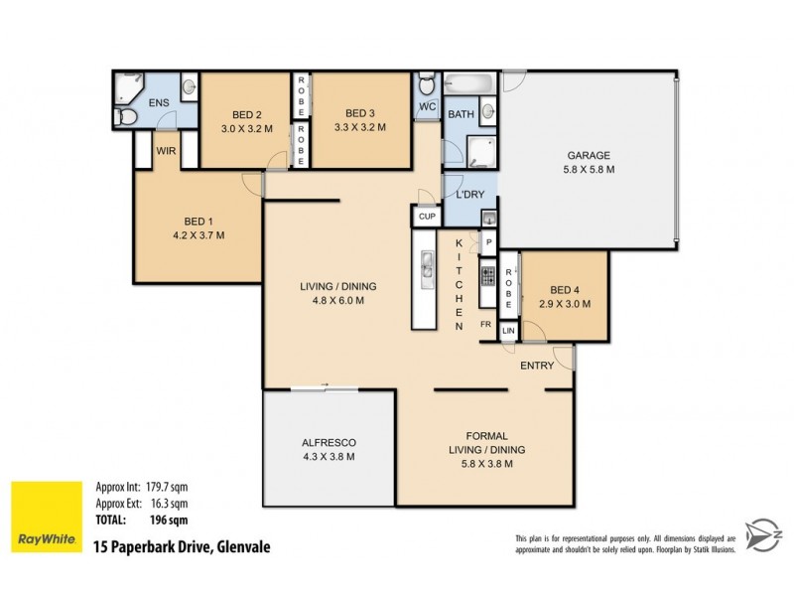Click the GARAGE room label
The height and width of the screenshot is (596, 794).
[589, 155]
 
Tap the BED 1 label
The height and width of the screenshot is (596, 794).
[198, 221]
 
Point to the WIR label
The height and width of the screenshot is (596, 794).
[166, 153]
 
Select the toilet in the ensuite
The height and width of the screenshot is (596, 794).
[126, 117]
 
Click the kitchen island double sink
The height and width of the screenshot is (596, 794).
[427, 265]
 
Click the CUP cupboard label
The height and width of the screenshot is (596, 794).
[427, 217]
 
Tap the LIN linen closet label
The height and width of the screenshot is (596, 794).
[508, 331]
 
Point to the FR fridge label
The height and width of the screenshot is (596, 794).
[485, 325]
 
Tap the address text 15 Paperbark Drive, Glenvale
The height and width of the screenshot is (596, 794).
[181, 546]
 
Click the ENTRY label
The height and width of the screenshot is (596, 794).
[537, 366]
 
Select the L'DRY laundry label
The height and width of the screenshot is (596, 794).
[469, 194]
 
